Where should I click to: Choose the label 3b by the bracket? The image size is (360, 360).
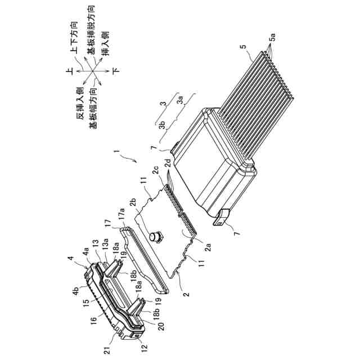[162, 125]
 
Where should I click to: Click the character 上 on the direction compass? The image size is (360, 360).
[69, 71]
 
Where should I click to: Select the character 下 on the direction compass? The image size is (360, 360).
[116, 71]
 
